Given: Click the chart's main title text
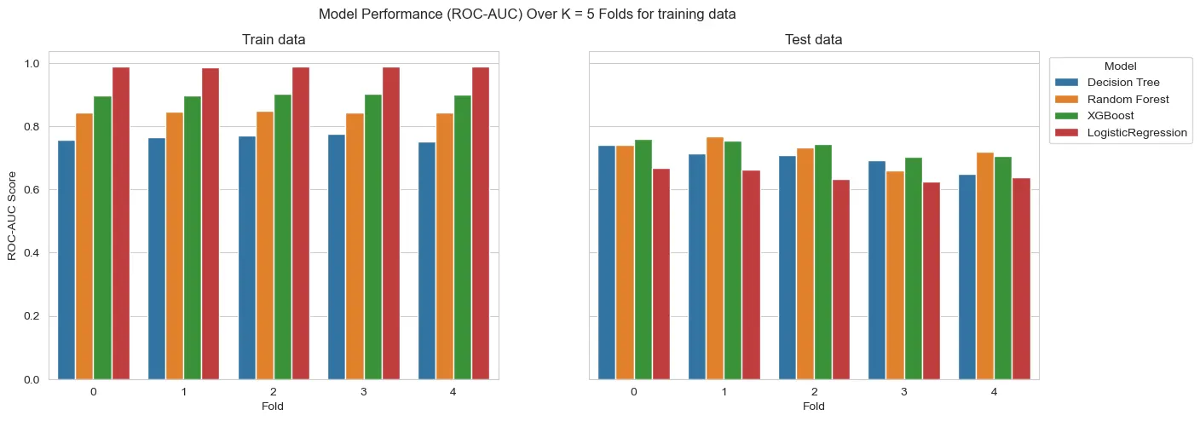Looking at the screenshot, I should [x=527, y=14].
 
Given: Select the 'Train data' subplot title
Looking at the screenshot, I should [x=274, y=40].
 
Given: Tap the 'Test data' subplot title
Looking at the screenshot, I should [x=814, y=40].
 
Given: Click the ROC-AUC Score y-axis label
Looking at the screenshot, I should [x=12, y=216].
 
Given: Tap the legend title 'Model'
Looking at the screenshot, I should [x=1119, y=66].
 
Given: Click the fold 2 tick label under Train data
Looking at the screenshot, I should [x=274, y=391].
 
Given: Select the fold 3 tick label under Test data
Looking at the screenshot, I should [x=904, y=391].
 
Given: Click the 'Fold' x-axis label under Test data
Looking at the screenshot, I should [x=814, y=407].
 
